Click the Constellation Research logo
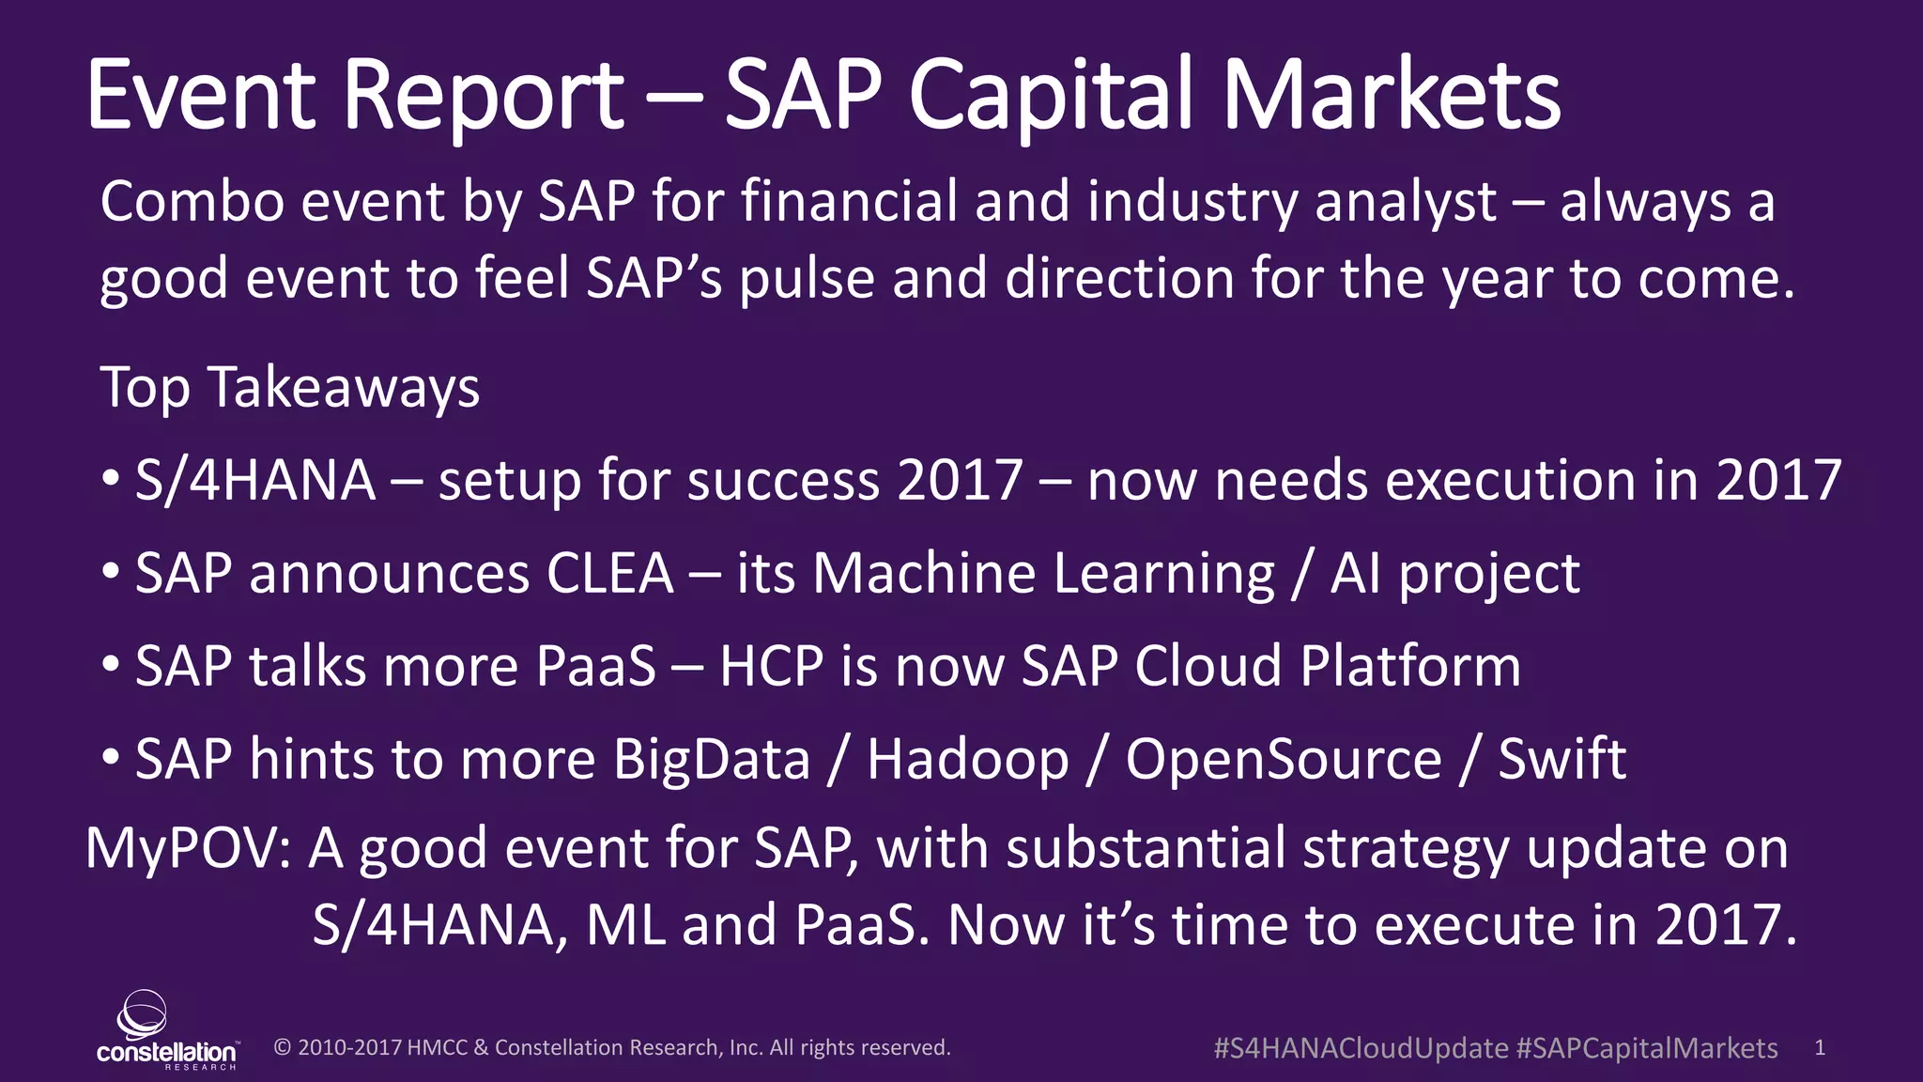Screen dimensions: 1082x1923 tap(166, 1031)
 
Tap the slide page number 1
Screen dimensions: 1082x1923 tap(1819, 1047)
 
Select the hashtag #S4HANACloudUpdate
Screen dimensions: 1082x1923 tap(1361, 1048)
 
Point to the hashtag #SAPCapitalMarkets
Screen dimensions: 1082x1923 tap(1647, 1048)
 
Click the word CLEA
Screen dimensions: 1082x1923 tap(610, 573)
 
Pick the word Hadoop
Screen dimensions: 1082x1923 tap(967, 759)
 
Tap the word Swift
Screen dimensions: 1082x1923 tap(1561, 759)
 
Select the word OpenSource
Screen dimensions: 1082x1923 tap(1283, 759)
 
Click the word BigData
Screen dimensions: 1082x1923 tap(711, 759)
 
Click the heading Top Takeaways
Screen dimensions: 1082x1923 tap(289, 387)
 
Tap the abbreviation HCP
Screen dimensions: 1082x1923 tap(771, 666)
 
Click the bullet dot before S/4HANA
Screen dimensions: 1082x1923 tap(111, 480)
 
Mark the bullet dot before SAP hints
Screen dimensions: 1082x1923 tap(111, 757)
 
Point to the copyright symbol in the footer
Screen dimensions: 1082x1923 tap(282, 1047)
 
